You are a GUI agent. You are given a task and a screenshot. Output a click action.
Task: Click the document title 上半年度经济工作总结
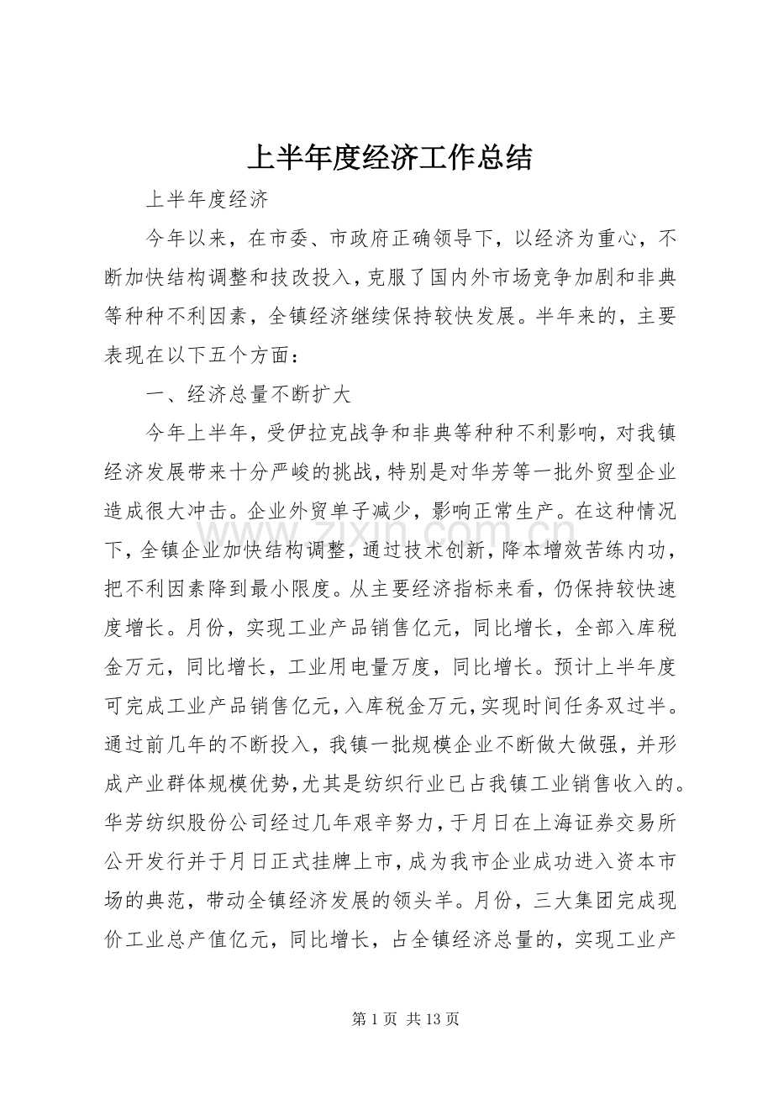click(x=390, y=157)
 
